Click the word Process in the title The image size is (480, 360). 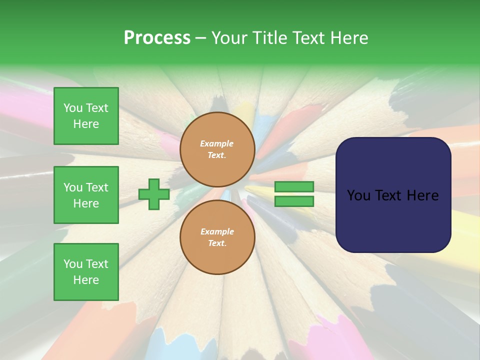coord(157,38)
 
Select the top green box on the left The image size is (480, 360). coord(86,116)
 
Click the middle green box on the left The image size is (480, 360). coord(86,195)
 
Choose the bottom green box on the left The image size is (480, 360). coord(86,272)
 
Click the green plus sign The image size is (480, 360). coord(154,194)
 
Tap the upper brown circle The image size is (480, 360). coord(217,149)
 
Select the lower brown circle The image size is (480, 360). coord(217,237)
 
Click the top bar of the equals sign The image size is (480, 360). coord(294,186)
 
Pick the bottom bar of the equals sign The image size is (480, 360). coord(294,201)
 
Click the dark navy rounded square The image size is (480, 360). coord(393,195)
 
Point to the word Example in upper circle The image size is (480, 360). coord(217,143)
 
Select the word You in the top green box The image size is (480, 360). coord(73,108)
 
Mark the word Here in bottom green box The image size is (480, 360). coord(86,280)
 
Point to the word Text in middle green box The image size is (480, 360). coord(96,187)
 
